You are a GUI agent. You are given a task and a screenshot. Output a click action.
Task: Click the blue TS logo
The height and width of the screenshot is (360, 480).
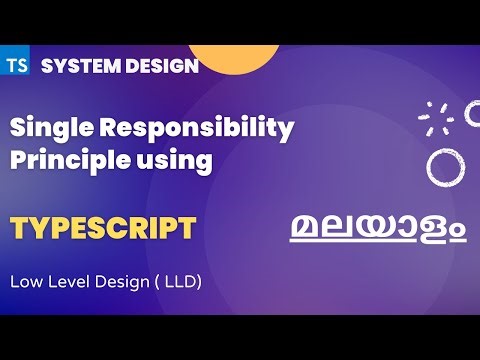pyautogui.click(x=17, y=66)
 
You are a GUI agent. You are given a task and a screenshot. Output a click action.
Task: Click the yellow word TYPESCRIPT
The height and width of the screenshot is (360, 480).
pyautogui.click(x=103, y=227)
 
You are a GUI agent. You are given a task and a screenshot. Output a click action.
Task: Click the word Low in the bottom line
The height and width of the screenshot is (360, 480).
pyautogui.click(x=26, y=282)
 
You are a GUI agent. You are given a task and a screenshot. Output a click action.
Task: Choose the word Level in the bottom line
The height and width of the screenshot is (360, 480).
pyautogui.click(x=66, y=282)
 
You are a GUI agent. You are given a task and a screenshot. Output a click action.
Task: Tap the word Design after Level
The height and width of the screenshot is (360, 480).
pyautogui.click(x=118, y=282)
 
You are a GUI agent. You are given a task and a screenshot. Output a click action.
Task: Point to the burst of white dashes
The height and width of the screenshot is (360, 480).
pyautogui.click(x=436, y=119)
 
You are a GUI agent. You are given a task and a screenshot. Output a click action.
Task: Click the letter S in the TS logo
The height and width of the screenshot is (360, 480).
pyautogui.click(x=22, y=66)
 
